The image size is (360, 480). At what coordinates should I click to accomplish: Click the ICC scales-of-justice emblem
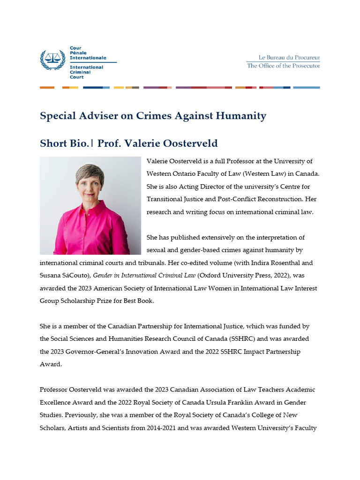pos(53,59)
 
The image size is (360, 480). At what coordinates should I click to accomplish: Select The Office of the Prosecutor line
pos(283,66)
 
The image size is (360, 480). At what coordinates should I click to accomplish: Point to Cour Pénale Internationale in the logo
pos(88,53)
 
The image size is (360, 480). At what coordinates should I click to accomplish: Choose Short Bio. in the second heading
pos(64,143)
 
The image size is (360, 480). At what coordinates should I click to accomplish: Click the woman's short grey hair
pos(90,172)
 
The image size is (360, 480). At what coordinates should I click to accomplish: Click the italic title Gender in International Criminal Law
pos(144,276)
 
